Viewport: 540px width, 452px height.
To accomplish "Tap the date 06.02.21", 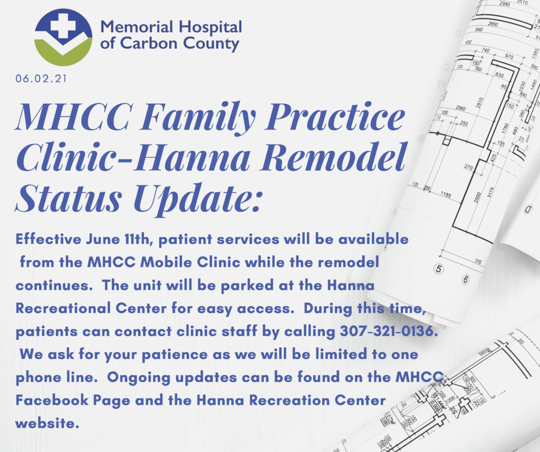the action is (x=41, y=78).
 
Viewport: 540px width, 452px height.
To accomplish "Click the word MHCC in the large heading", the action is (x=73, y=116).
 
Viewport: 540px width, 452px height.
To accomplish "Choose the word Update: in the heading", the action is (x=199, y=199).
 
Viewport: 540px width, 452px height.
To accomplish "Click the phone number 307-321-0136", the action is (x=389, y=331).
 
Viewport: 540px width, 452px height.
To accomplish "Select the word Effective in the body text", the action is (x=49, y=239).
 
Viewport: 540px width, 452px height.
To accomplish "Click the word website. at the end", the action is (x=47, y=423).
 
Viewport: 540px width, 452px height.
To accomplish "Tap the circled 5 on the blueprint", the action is (x=438, y=269).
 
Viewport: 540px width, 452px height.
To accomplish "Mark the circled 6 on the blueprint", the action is (x=466, y=279).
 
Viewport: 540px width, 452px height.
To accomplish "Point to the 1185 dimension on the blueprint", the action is (x=446, y=195).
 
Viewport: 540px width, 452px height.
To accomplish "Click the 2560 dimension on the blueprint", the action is (x=460, y=109).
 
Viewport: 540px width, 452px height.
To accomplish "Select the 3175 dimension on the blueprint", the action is (x=490, y=192).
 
